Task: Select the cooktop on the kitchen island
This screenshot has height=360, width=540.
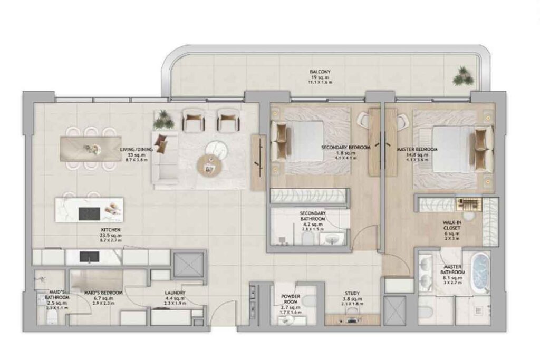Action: (89, 213)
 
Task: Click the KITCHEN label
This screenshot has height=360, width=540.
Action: (111, 231)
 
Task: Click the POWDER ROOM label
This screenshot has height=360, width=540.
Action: (291, 299)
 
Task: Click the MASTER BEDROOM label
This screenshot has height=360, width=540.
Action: (417, 150)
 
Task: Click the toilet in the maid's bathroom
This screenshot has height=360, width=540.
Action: (51, 317)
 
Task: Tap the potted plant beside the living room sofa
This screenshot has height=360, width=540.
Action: (163, 120)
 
